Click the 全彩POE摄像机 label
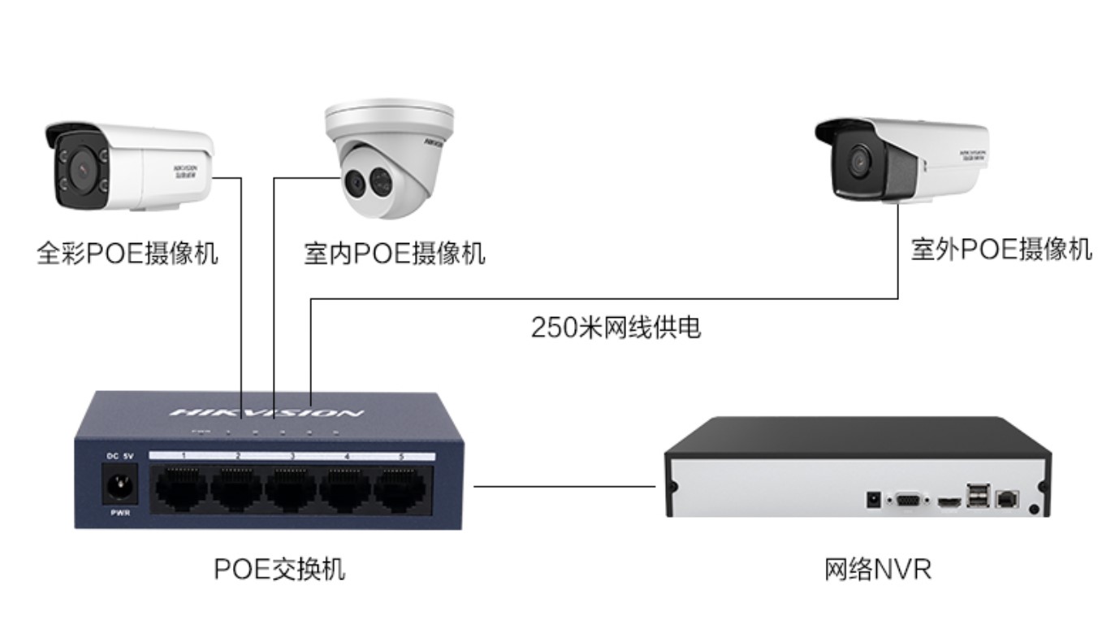127,253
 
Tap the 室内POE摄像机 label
394,253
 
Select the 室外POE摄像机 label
1000,249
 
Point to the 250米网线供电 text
616,328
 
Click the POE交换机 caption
279,569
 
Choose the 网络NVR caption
878,569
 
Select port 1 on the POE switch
183,489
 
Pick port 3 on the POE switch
292,489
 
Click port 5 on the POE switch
400,489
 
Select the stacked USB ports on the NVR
978,495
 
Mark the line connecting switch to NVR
564,487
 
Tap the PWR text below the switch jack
119,513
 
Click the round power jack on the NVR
874,498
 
